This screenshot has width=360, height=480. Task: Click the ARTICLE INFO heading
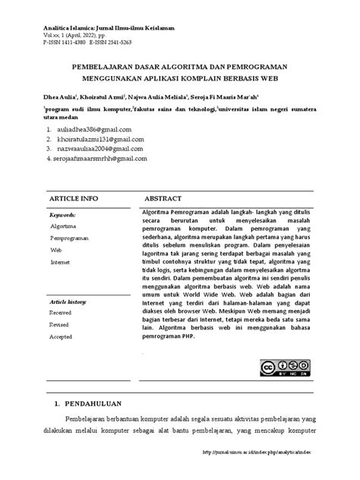(74, 197)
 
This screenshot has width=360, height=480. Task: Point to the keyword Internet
(59, 261)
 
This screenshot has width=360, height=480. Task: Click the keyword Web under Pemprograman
(55, 250)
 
